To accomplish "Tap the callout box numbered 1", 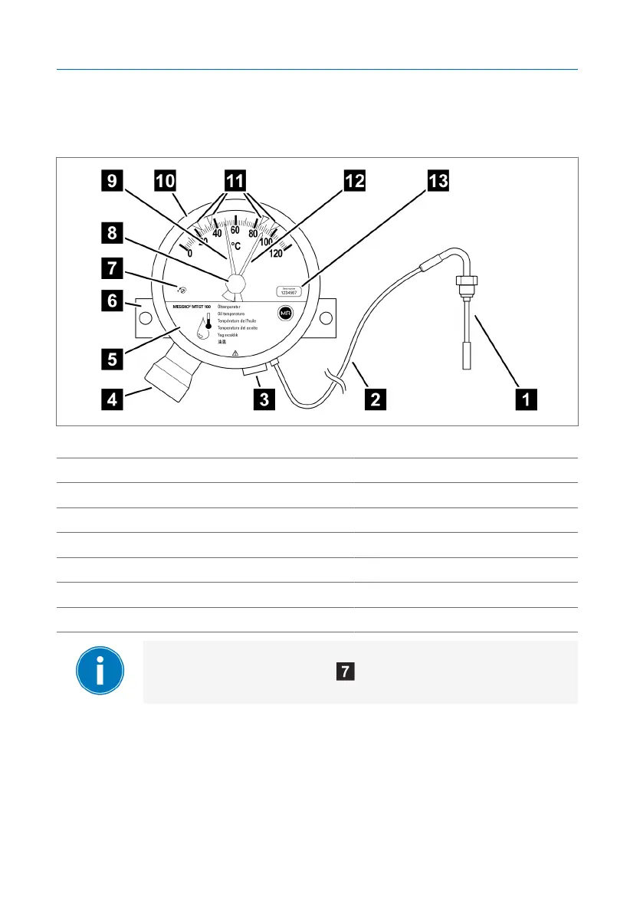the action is click(525, 399).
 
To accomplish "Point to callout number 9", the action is click(113, 182).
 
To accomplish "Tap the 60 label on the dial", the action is click(235, 230).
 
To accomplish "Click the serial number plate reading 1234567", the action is click(287, 291).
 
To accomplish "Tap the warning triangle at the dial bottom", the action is click(235, 353).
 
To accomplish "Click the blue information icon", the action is click(100, 672).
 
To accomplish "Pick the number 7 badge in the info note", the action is click(346, 672).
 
